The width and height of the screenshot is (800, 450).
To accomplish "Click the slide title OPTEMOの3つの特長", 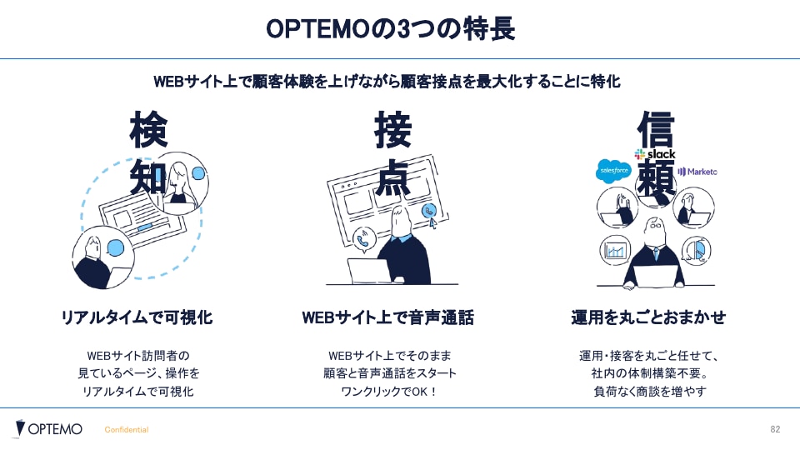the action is (x=390, y=28).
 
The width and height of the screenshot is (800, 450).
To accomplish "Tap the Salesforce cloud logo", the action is (x=613, y=170).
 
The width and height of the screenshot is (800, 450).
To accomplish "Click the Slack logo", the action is (x=655, y=154).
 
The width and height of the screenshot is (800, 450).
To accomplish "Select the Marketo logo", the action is (x=697, y=172).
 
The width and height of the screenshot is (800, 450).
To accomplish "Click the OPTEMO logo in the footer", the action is (x=48, y=428).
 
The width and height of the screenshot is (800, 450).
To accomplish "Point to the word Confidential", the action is (x=127, y=430).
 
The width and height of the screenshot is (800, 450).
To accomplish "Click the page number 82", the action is (x=775, y=429).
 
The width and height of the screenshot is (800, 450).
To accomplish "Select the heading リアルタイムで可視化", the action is (x=137, y=317).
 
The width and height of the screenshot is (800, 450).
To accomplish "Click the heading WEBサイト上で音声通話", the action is (x=387, y=317).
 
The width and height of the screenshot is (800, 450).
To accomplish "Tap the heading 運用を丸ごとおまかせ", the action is (x=648, y=317).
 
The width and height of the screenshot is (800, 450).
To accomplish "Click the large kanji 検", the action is (x=148, y=130).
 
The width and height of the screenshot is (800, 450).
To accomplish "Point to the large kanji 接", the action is (x=392, y=130).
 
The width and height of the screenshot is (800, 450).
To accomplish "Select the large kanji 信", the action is (x=656, y=130).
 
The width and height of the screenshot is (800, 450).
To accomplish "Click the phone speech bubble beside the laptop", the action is (x=364, y=239).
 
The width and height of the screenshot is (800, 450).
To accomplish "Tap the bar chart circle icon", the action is (x=615, y=250).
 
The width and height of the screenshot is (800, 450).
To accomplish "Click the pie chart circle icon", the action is (x=696, y=250).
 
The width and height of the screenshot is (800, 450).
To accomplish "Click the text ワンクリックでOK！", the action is (x=390, y=392).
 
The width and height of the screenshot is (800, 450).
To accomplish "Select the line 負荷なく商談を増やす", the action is (x=650, y=392).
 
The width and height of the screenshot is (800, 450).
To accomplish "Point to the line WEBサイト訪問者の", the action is (x=138, y=356).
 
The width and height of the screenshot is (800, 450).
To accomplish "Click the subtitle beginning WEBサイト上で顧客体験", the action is (x=387, y=82).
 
